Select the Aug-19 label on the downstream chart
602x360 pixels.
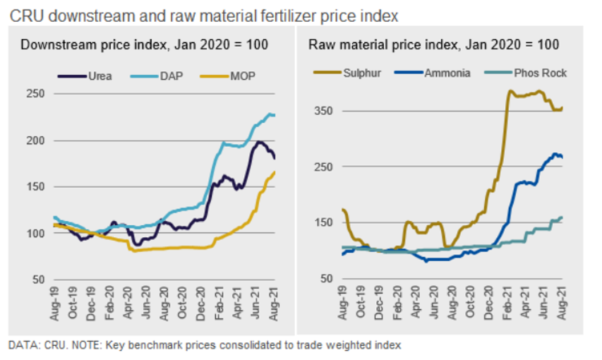tap(56, 302)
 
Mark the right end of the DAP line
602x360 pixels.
tap(275, 115)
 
